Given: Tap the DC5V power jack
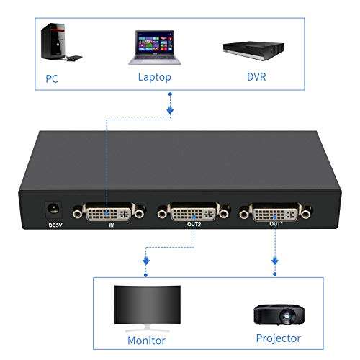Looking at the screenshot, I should tap(53, 209).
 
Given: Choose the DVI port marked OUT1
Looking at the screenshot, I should tap(275, 213).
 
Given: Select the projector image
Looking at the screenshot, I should tap(276, 312).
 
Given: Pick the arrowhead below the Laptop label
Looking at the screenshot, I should tap(171, 110).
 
